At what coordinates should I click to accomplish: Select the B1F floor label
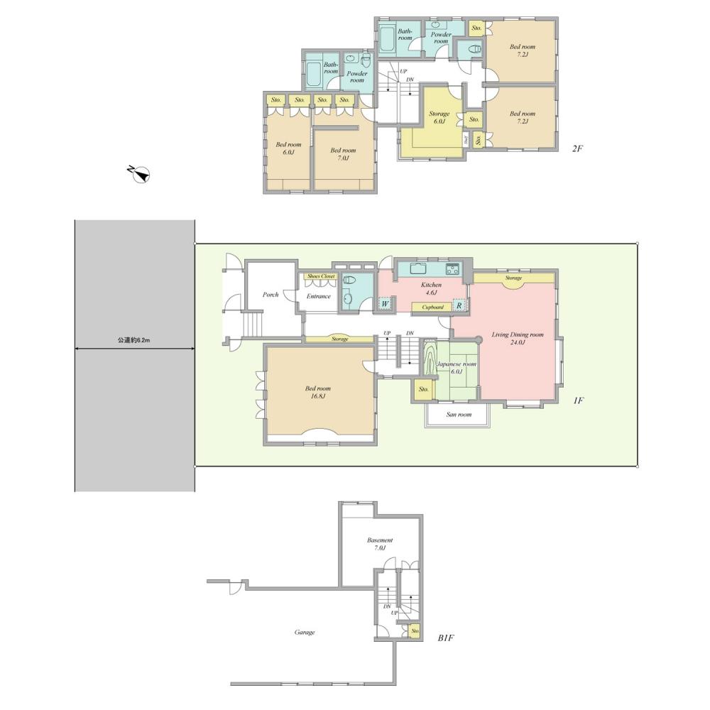(x=446, y=638)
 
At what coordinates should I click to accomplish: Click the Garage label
(x=305, y=632)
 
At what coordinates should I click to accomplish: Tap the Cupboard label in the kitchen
(x=433, y=307)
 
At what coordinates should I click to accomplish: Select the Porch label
(x=271, y=294)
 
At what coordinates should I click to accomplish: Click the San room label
(x=459, y=414)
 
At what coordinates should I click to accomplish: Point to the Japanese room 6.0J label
(x=456, y=367)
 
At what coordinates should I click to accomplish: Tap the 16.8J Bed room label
(x=317, y=392)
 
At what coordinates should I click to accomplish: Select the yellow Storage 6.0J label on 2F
(x=439, y=117)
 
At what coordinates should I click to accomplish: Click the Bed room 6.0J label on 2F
(x=288, y=148)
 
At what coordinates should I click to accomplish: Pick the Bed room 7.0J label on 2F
(x=344, y=154)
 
